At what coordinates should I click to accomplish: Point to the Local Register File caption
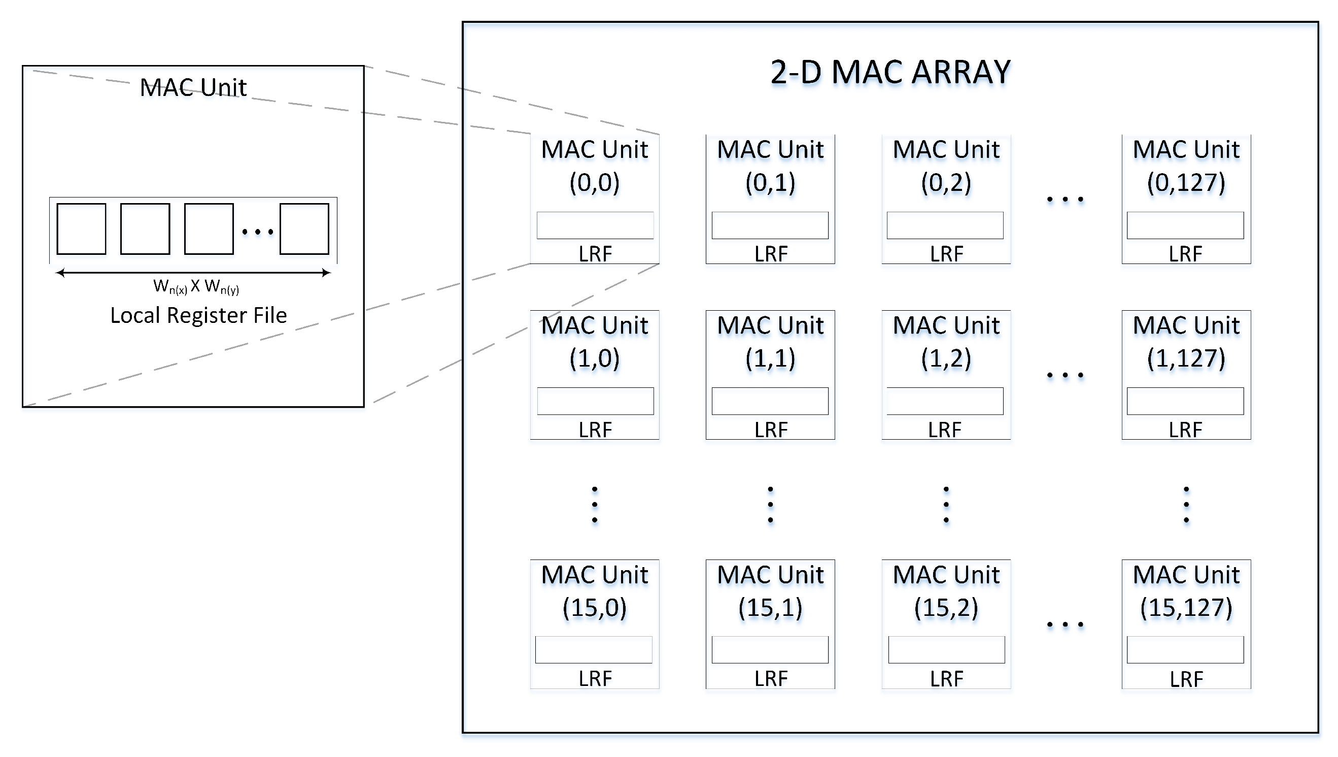click(x=198, y=315)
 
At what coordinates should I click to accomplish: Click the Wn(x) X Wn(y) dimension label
click(x=196, y=286)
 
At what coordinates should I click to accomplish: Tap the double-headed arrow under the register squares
click(x=193, y=273)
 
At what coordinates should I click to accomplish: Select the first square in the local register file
click(x=81, y=229)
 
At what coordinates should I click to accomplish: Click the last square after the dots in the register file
click(x=304, y=229)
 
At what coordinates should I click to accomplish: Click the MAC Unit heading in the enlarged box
click(x=193, y=87)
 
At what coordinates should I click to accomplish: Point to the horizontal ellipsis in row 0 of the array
click(x=1065, y=199)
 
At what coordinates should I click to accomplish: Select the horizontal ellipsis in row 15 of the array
click(x=1065, y=624)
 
